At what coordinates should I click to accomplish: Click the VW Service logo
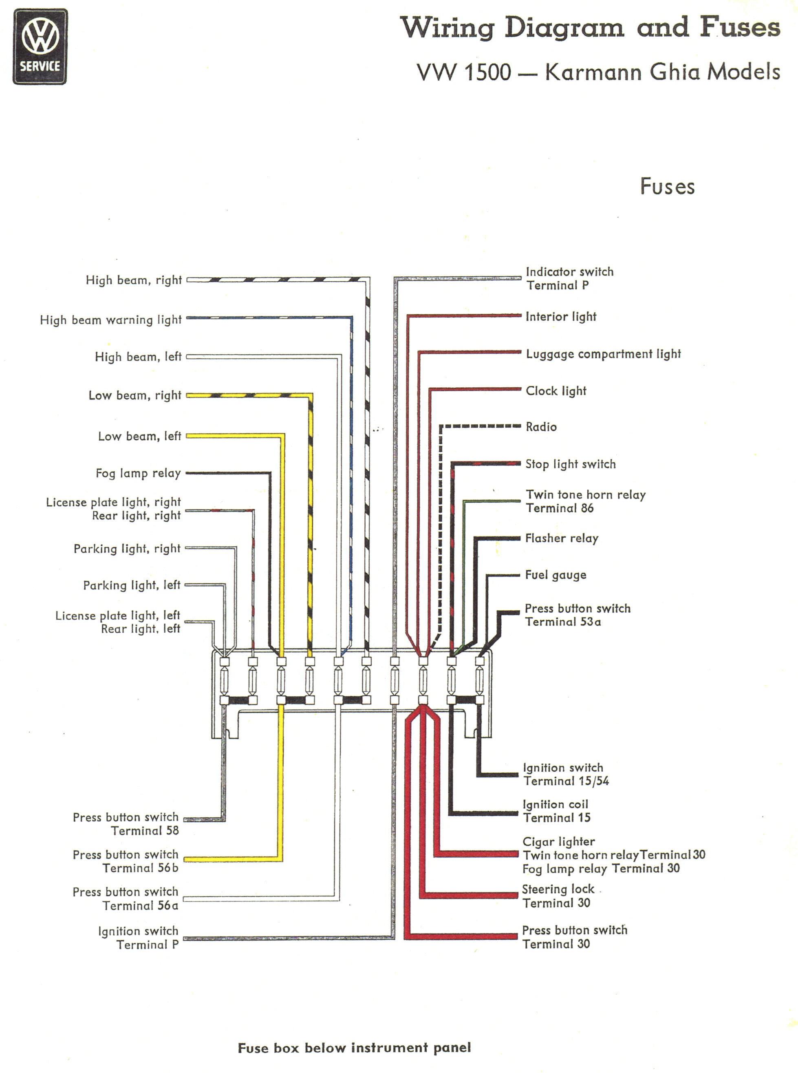[x=40, y=46]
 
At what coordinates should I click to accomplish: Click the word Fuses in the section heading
[x=667, y=186]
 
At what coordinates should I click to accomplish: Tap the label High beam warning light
[x=110, y=320]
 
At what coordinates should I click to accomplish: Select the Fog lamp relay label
[x=138, y=473]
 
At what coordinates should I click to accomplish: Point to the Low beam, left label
[x=140, y=436]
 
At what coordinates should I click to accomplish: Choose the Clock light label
[x=556, y=391]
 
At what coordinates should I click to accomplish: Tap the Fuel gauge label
[x=556, y=575]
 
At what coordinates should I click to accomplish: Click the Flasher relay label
[x=562, y=538]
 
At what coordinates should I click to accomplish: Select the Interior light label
[x=561, y=317]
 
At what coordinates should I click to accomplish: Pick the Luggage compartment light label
[x=603, y=354]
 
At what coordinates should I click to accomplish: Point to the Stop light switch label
[x=571, y=464]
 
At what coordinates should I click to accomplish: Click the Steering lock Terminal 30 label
[x=558, y=896]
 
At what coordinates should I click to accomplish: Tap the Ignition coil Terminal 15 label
[x=556, y=811]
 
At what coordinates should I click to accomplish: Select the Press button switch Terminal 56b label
[x=126, y=861]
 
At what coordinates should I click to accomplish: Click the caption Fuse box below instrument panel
[x=354, y=1048]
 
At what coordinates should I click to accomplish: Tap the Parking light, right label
[x=127, y=549]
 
